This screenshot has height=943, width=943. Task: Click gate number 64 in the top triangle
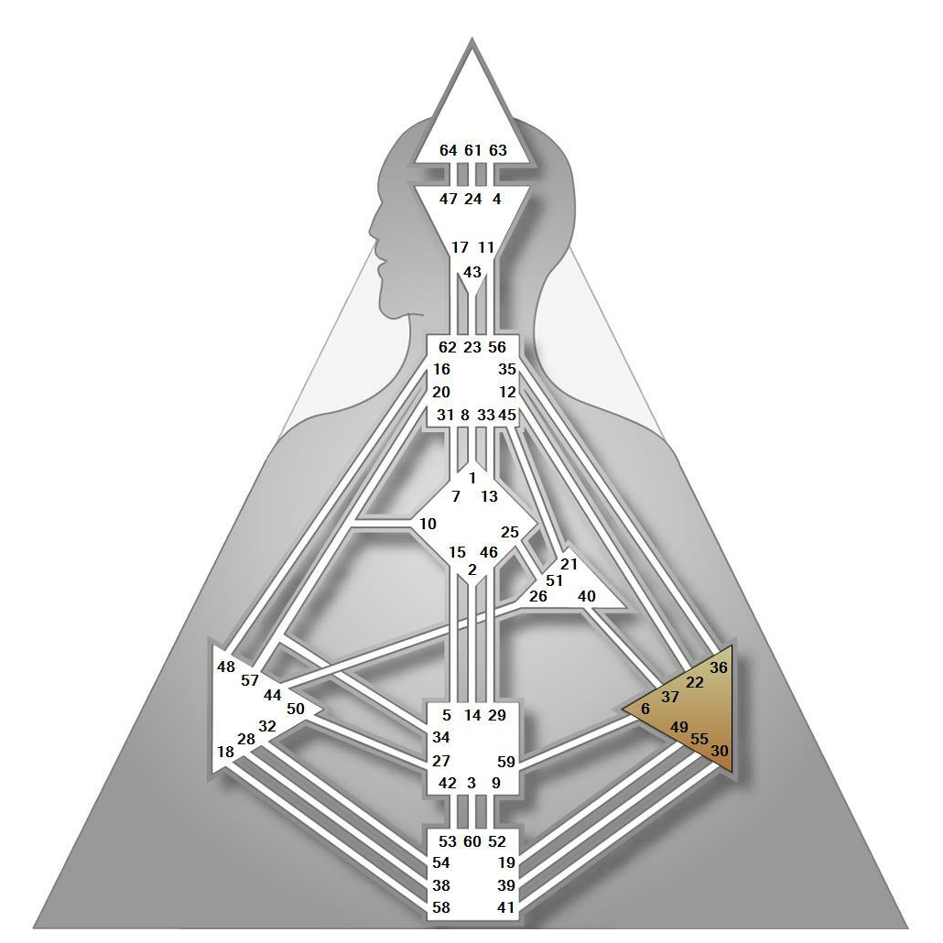tap(448, 150)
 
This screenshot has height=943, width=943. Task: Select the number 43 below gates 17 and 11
tap(472, 272)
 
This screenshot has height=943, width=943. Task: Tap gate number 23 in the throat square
tap(472, 347)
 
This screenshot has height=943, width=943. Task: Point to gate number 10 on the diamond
tap(428, 524)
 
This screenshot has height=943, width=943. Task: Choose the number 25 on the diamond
tap(510, 532)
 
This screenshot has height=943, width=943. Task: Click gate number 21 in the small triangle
tap(569, 564)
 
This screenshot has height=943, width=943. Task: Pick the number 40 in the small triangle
tap(587, 596)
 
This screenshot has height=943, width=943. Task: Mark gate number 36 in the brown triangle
tap(719, 667)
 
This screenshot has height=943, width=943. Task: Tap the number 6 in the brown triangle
tap(645, 709)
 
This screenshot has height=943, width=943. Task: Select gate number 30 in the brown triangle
tap(720, 750)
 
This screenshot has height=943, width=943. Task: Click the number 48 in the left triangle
tap(226, 667)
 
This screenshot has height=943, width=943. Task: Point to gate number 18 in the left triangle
tap(225, 752)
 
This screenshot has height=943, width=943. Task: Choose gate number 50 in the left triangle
tap(295, 708)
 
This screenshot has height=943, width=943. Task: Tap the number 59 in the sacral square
tap(506, 761)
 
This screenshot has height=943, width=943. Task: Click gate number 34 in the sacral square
tap(441, 737)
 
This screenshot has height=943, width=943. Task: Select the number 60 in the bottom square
tap(472, 841)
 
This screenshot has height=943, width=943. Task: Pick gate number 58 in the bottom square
tap(441, 908)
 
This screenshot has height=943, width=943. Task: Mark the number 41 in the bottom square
tap(506, 908)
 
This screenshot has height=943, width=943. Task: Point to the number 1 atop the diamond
tap(472, 477)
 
